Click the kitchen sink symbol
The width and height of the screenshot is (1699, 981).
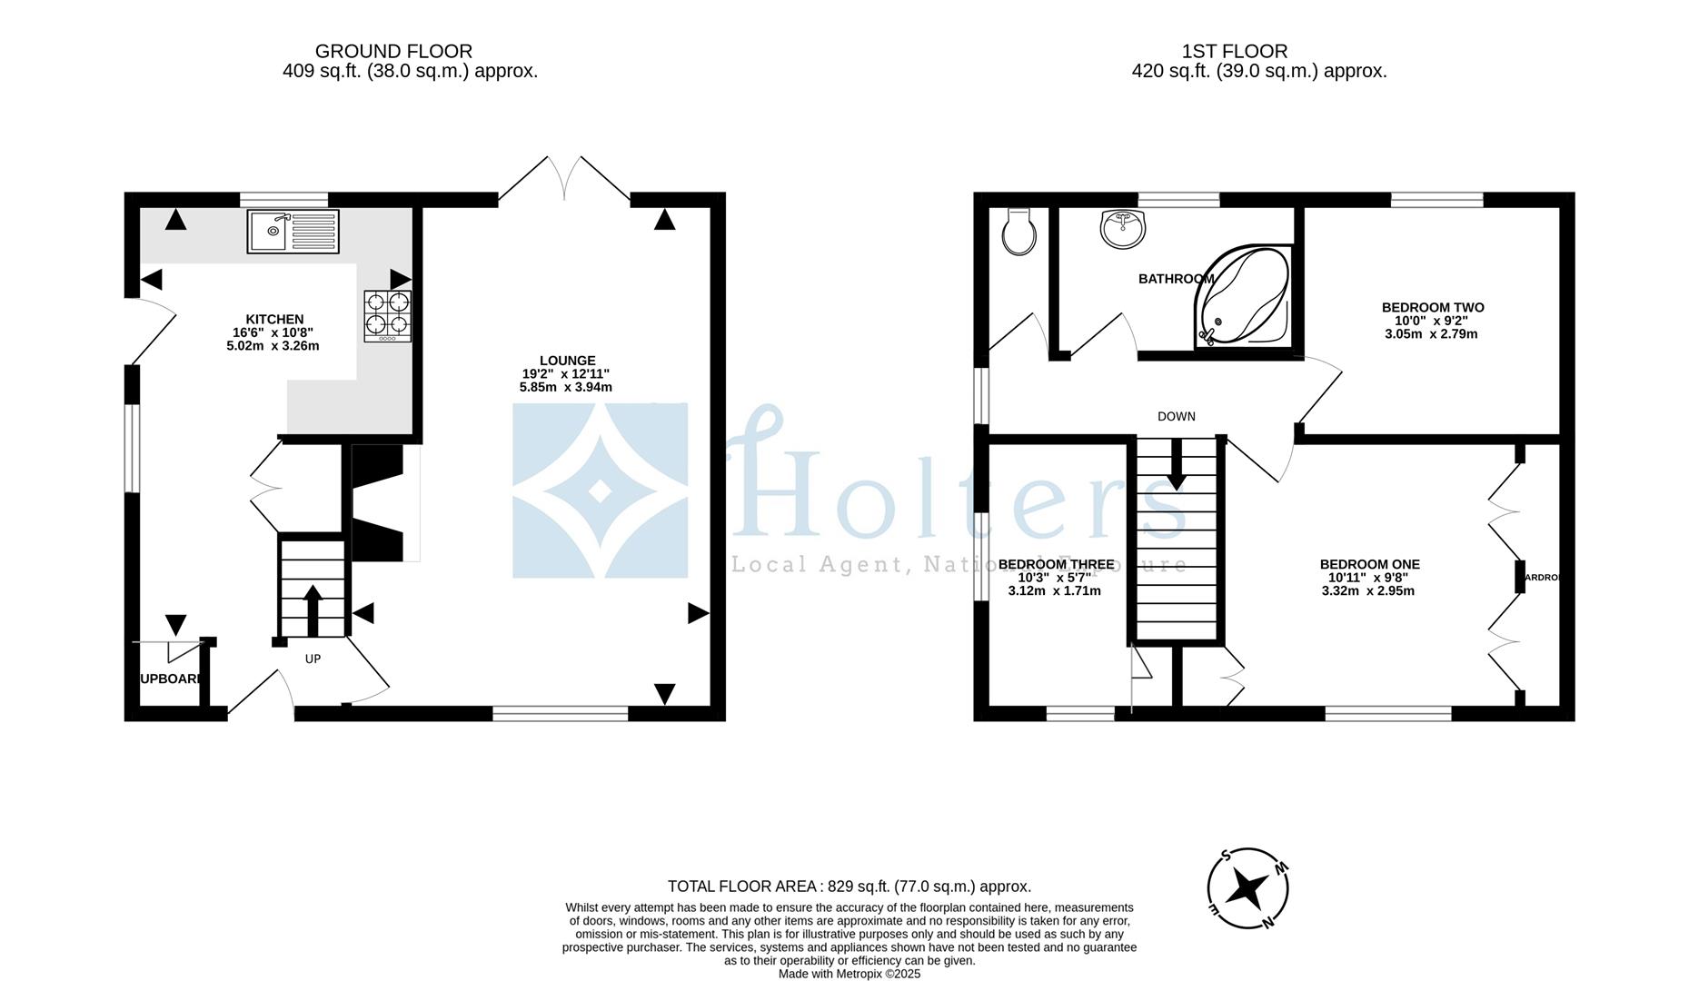[x=293, y=232]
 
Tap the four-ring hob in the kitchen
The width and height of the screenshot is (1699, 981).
[x=387, y=315]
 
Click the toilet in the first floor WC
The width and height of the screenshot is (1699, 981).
[x=1018, y=233]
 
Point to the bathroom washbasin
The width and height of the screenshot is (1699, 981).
[x=1124, y=228]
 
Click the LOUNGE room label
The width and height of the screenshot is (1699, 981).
[x=567, y=361]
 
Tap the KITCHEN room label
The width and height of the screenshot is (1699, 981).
[x=274, y=319]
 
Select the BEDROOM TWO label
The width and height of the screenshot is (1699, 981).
[x=1432, y=308]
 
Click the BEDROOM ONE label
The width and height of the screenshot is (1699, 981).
[x=1369, y=564]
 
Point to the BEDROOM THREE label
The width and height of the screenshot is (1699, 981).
[x=1055, y=564]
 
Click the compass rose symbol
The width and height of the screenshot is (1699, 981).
[x=1247, y=889]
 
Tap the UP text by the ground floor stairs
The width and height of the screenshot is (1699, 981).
[x=313, y=659]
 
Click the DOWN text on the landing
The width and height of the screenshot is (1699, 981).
[x=1176, y=416]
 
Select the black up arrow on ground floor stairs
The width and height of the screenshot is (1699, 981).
[x=312, y=609]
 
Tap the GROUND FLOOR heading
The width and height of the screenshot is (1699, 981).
[x=393, y=52]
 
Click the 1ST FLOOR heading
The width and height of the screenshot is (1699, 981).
[x=1234, y=52]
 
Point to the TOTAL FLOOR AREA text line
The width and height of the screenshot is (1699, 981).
[x=849, y=887]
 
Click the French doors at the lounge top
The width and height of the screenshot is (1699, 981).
[x=564, y=179]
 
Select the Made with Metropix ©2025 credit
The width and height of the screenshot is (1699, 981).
[x=849, y=974]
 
